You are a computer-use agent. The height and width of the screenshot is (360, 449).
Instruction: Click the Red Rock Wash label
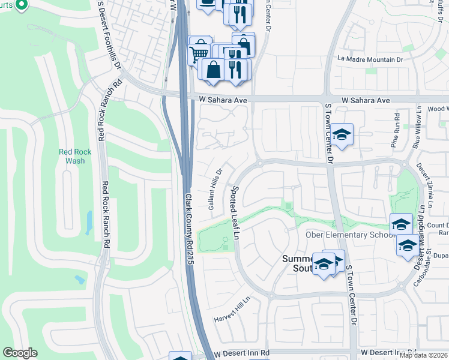[x=75, y=157]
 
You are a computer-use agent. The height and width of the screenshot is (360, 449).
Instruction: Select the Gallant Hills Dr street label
[x=215, y=188]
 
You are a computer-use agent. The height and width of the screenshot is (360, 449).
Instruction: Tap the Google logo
[x=20, y=353]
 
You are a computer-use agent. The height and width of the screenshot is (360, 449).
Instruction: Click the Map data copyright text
[x=423, y=355]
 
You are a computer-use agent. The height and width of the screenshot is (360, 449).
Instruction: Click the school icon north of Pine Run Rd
[x=342, y=135]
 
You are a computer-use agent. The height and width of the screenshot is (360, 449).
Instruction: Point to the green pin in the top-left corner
[x=21, y=5]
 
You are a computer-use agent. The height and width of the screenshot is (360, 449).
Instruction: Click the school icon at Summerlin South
[x=324, y=264]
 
